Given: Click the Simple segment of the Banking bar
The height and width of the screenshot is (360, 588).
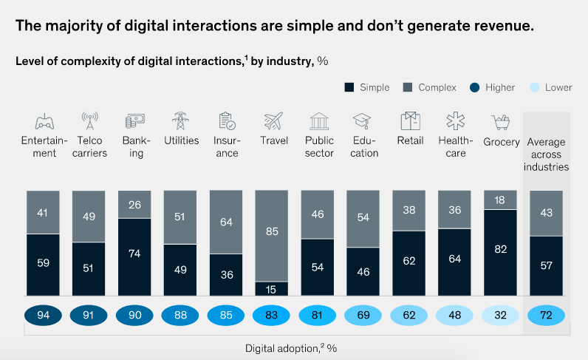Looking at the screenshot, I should [134, 257].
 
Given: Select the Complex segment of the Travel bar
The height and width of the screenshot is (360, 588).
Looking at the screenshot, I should [271, 235].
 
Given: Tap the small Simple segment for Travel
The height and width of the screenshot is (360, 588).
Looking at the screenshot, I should [271, 288].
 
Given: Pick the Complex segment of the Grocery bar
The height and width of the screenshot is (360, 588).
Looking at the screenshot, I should [501, 200].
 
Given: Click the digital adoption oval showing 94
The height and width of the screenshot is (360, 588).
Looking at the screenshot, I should [44, 316].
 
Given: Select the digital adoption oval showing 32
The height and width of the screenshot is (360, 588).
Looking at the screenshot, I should [501, 316].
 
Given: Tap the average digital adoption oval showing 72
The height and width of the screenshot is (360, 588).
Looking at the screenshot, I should [547, 316].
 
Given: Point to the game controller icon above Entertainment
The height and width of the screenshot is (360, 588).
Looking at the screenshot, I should [44, 121].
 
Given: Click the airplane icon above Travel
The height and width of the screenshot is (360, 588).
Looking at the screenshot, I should [273, 121].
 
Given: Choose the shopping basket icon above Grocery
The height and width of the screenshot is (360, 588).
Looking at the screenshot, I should [502, 121].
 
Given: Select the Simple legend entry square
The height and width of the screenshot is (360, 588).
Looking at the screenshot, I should [349, 87].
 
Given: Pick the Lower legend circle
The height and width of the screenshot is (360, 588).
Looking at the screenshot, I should [534, 87].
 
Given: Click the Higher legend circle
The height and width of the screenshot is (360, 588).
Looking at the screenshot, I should [475, 87].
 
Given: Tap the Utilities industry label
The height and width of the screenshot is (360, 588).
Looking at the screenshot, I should [180, 141].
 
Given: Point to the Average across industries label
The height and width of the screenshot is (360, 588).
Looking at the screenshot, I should [547, 154].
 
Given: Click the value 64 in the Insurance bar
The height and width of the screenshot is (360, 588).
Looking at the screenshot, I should [227, 222].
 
